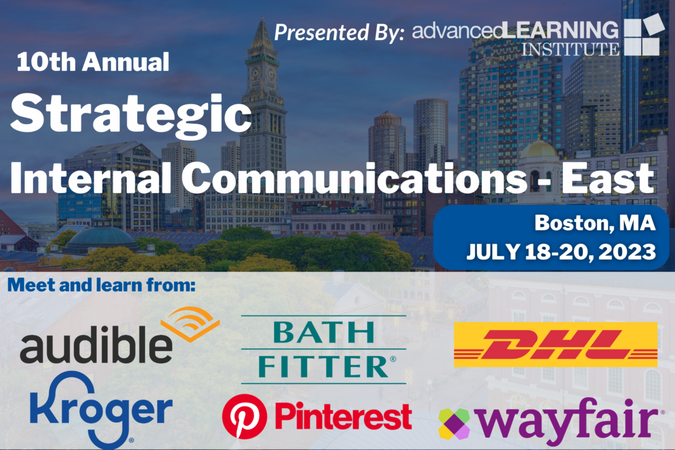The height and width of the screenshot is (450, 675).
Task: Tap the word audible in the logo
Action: click(96, 344)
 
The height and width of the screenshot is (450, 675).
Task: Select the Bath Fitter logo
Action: click(324, 350)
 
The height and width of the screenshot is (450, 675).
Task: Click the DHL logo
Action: click(555, 344)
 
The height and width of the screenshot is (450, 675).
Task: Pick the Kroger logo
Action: click(101, 410)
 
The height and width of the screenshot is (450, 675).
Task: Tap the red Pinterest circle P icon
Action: click(244, 417)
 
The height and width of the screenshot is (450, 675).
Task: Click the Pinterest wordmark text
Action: click(343, 416)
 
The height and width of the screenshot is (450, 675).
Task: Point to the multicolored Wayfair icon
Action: click(454, 424)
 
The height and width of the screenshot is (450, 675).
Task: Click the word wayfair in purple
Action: click(568, 421)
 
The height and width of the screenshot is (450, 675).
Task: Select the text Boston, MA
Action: click(595, 223)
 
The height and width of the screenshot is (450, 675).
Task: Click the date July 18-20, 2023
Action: click(561, 251)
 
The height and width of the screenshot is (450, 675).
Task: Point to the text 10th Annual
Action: click(93, 62)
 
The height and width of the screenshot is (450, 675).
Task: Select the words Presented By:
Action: click(339, 33)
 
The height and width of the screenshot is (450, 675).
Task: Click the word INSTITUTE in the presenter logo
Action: click(570, 49)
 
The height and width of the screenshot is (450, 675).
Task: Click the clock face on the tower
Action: click(255, 73)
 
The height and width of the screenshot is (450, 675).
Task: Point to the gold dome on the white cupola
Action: click(538, 148)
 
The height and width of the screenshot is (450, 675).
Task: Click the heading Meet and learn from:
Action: click(102, 285)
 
